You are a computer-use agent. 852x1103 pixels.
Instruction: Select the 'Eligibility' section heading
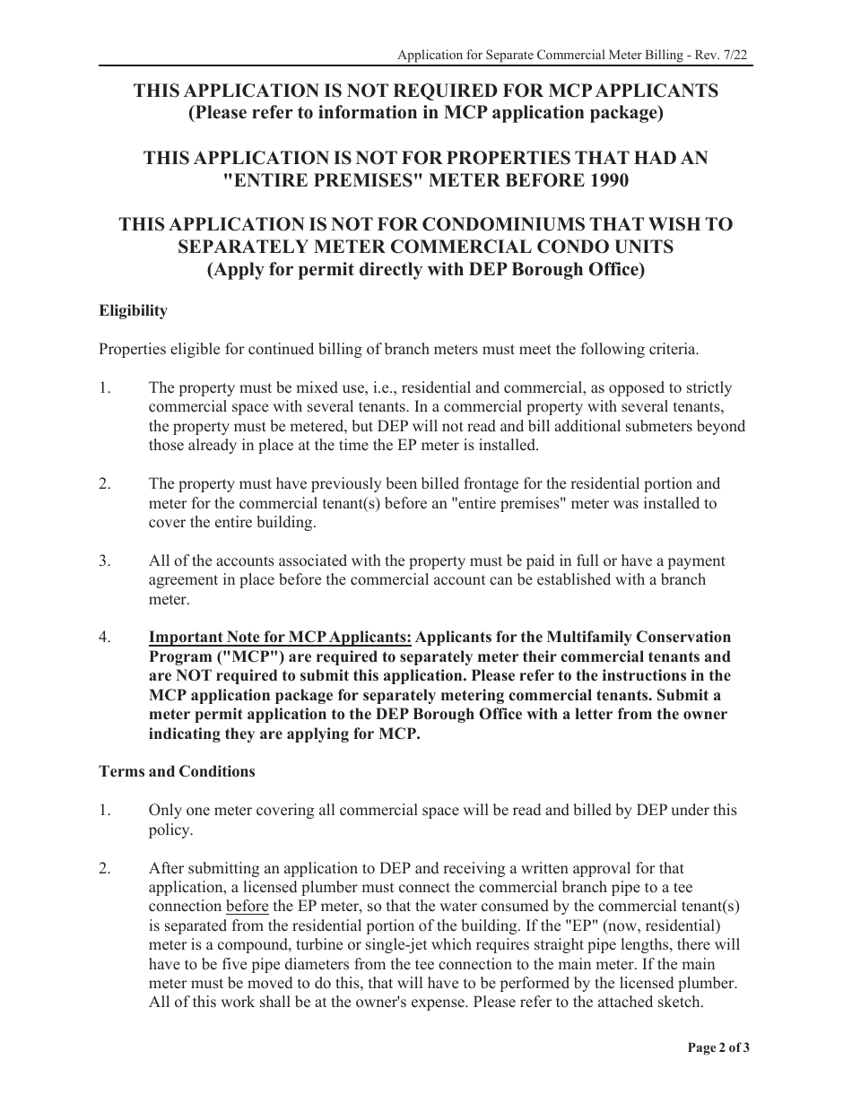(133, 310)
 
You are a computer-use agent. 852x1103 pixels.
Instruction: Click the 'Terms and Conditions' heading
(177, 771)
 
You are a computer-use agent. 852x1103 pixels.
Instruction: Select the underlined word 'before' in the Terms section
(247, 906)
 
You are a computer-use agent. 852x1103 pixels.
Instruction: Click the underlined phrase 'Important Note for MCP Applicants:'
(280, 637)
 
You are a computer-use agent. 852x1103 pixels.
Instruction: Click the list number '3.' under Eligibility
(105, 560)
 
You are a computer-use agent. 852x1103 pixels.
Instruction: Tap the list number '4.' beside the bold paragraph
(105, 637)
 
